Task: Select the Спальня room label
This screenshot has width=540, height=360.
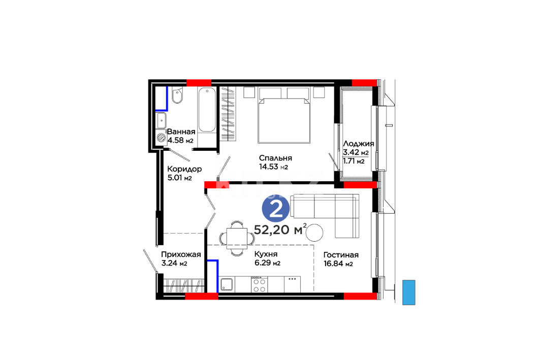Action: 275,158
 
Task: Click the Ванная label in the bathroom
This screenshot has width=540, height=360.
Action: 181,132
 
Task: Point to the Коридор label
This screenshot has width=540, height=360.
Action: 184,169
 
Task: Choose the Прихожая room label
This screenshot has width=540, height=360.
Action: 181,255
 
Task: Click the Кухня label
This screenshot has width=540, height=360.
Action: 266,254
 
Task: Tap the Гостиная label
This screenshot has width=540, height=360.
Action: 341,255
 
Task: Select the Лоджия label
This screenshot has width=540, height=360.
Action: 359,144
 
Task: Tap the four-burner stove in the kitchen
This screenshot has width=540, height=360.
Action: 259,285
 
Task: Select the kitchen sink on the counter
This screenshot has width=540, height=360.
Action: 227,284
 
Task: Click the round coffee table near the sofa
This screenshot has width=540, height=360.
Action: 314,233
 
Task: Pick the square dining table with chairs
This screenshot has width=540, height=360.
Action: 237,238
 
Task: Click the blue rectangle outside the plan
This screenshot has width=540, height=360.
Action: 409,292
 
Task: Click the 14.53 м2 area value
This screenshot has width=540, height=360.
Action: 273,167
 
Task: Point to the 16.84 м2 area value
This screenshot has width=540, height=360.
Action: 338,264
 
